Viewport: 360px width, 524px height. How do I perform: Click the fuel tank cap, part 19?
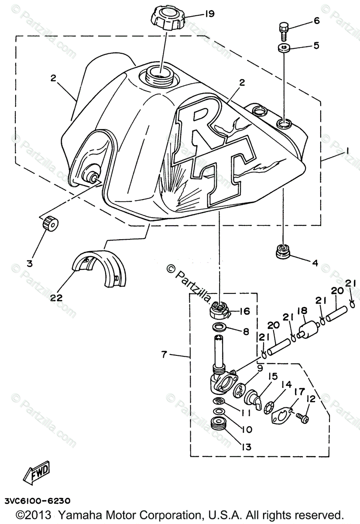pos(168,19)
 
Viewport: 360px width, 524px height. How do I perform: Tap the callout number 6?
pos(316,20)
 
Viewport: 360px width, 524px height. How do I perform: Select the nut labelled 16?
pos(218,310)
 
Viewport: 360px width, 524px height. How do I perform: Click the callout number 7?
pos(164,355)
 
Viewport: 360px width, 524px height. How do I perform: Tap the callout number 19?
pos(209,14)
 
